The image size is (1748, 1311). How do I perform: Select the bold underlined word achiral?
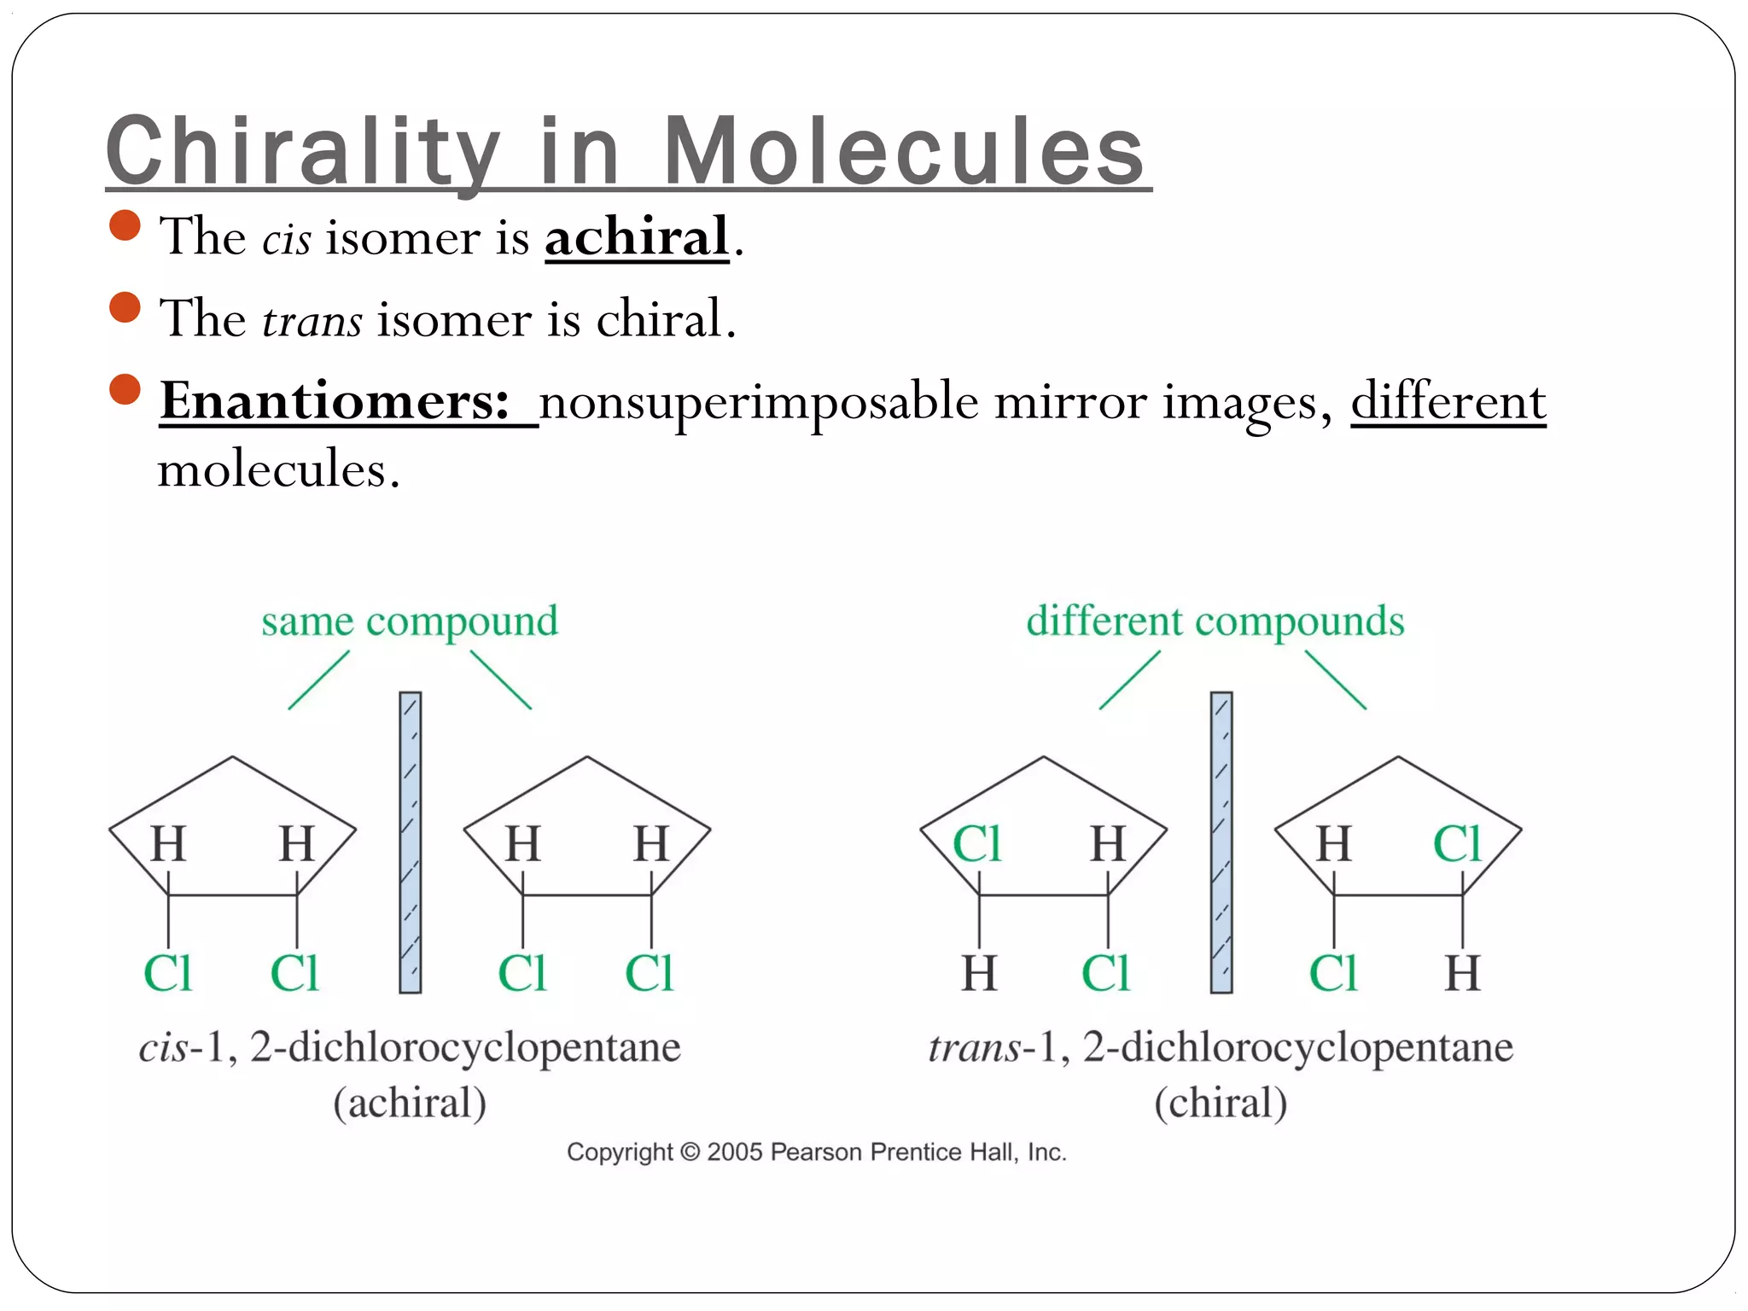click(x=637, y=236)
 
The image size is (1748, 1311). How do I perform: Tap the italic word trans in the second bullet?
click(x=312, y=321)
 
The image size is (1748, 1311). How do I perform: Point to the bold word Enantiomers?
click(x=335, y=400)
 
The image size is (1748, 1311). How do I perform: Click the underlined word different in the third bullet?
click(x=1448, y=400)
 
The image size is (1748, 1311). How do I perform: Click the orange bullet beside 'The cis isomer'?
click(x=125, y=226)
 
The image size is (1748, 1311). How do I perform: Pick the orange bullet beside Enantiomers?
click(x=125, y=389)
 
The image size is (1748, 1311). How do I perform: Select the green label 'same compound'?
click(x=410, y=621)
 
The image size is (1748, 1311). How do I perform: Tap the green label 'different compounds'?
click(x=1215, y=621)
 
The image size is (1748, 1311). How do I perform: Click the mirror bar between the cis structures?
click(x=411, y=842)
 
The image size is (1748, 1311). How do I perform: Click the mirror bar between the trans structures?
click(x=1221, y=842)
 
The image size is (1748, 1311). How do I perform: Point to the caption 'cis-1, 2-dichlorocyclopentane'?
click(x=410, y=1047)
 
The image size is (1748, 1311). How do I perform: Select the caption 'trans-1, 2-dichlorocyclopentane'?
click(x=1221, y=1047)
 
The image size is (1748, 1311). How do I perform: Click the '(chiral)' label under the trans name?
click(x=1221, y=1103)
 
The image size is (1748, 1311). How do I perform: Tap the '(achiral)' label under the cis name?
click(x=410, y=1103)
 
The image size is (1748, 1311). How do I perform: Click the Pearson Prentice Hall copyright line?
click(x=817, y=1152)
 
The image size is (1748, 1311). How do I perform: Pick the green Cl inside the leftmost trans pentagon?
click(x=976, y=844)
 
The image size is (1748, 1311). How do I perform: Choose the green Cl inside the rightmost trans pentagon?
click(x=1457, y=844)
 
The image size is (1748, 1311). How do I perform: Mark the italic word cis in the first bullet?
click(x=286, y=239)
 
